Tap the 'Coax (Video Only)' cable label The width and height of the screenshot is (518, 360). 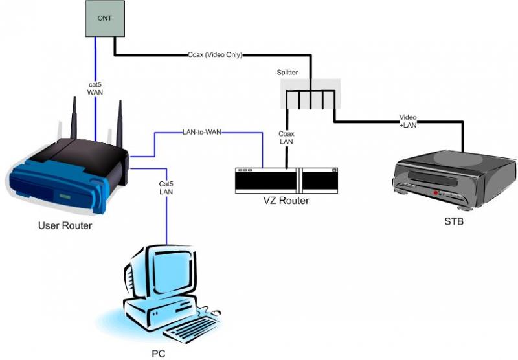pos(214,55)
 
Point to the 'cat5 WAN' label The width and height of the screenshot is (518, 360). pos(95,88)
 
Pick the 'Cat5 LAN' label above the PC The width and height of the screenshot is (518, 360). pos(166,188)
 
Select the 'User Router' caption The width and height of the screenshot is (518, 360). pos(65,225)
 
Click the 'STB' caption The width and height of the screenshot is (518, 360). pos(454,221)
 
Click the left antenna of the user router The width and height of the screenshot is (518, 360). pos(74,120)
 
